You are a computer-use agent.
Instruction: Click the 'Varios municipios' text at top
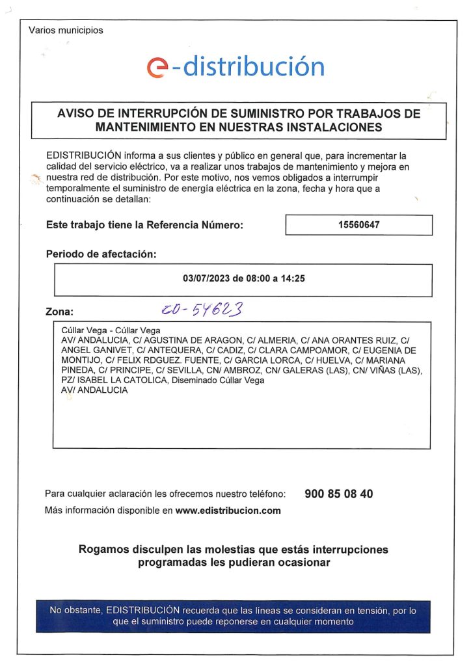[66, 30]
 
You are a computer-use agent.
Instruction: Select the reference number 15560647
[358, 225]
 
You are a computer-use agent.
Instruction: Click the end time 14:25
[293, 278]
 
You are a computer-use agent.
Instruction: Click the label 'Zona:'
[60, 312]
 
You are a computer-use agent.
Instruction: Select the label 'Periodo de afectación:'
[101, 254]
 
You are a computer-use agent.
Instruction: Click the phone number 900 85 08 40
[339, 494]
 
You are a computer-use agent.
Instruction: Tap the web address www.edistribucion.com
[228, 511]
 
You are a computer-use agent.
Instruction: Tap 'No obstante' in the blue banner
[75, 611]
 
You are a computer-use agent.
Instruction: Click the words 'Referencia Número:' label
[195, 225]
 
